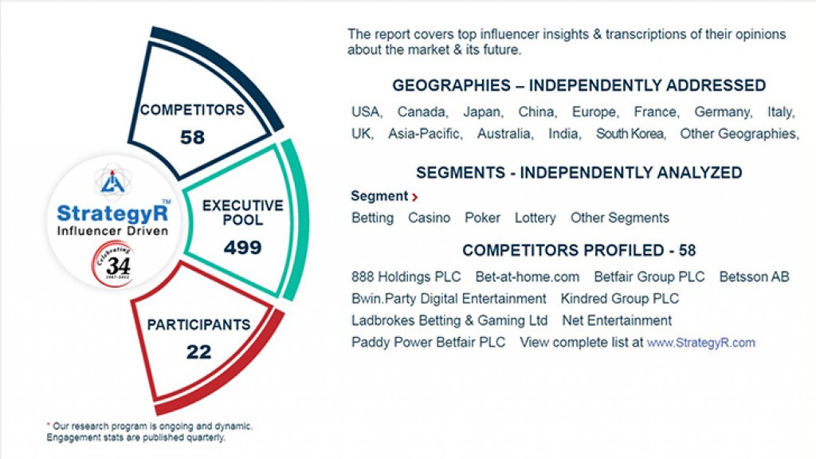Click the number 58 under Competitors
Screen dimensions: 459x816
192,138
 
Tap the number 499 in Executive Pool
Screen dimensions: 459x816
242,248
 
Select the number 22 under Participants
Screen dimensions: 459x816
198,351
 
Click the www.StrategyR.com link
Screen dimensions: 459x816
700,343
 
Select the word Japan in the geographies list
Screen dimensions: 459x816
482,112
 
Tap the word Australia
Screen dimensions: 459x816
504,134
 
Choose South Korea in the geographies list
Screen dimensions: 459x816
630,134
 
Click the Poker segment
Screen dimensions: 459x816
482,218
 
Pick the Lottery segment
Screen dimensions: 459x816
535,218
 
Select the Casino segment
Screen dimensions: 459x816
429,218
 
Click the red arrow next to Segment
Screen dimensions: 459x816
415,197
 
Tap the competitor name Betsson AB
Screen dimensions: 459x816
754,277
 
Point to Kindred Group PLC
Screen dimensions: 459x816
619,299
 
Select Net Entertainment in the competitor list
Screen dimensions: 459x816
617,320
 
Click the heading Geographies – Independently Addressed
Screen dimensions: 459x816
579,86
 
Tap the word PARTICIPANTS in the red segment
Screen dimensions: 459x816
198,325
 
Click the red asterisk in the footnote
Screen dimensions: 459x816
49,426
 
